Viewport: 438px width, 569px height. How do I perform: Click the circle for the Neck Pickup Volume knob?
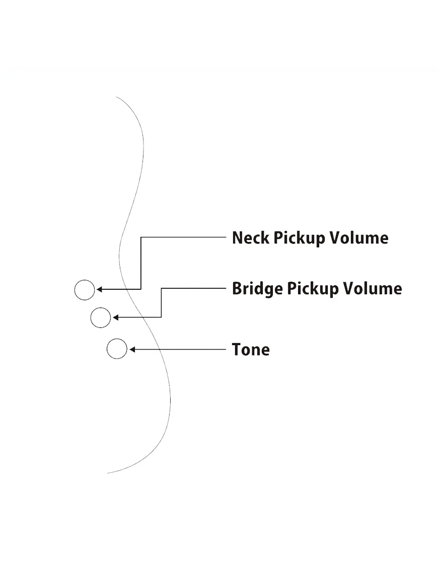coord(84,290)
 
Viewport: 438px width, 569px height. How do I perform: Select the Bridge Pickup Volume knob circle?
coord(100,317)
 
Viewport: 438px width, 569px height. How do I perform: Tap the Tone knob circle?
coord(117,349)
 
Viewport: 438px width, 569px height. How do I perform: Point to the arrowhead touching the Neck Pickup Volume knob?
coord(99,290)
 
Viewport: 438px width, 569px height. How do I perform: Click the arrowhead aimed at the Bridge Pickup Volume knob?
coord(115,317)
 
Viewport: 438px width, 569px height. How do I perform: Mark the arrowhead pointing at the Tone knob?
coord(131,349)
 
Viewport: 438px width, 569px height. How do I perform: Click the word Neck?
coord(251,238)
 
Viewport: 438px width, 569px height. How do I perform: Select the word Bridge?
coord(257,289)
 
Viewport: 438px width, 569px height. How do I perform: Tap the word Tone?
coord(251,349)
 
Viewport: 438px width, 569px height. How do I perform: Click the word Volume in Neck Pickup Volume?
coord(359,238)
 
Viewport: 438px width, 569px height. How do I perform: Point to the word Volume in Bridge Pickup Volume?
coord(373,289)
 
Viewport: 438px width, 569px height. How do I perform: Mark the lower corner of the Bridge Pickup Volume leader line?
coord(161,317)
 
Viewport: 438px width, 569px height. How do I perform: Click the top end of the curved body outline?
coord(116,97)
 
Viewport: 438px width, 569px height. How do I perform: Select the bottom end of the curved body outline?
coord(108,473)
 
